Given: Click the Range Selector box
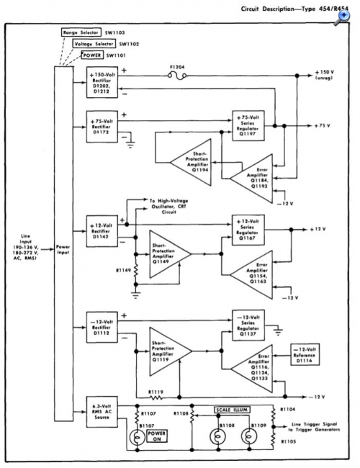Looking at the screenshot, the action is [81, 32].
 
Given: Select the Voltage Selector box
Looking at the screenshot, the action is [94, 44].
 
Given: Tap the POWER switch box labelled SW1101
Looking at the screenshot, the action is [92, 55].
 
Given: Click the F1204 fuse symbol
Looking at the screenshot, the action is [177, 76].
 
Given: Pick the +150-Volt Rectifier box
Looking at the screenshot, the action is [102, 82].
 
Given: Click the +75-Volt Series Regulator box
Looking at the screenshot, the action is [248, 126].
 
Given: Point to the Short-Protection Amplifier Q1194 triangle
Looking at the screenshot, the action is [191, 163].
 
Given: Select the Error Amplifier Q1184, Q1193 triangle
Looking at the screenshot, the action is [251, 179].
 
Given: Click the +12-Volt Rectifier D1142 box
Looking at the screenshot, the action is [102, 231].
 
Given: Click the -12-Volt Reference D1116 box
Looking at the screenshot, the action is [305, 354].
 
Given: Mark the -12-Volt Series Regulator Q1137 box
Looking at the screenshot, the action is [248, 325].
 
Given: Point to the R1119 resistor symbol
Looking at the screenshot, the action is [156, 397].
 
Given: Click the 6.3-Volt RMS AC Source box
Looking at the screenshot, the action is [102, 412].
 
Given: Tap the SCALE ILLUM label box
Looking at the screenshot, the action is [232, 410].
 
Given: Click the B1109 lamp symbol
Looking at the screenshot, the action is [249, 436].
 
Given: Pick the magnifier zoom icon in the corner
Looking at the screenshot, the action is [341, 17].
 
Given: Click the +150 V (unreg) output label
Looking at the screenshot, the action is [324, 75].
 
